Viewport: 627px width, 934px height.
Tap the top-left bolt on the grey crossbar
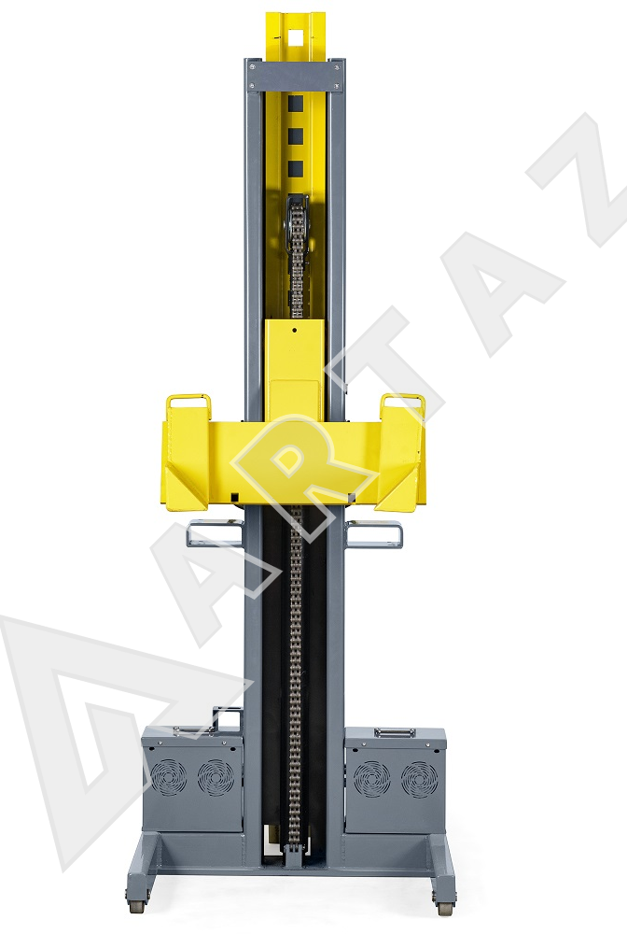252,67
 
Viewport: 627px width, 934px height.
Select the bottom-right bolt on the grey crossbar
338,84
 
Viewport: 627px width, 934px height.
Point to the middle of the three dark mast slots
296,136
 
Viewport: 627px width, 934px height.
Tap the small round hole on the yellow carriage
294,329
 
